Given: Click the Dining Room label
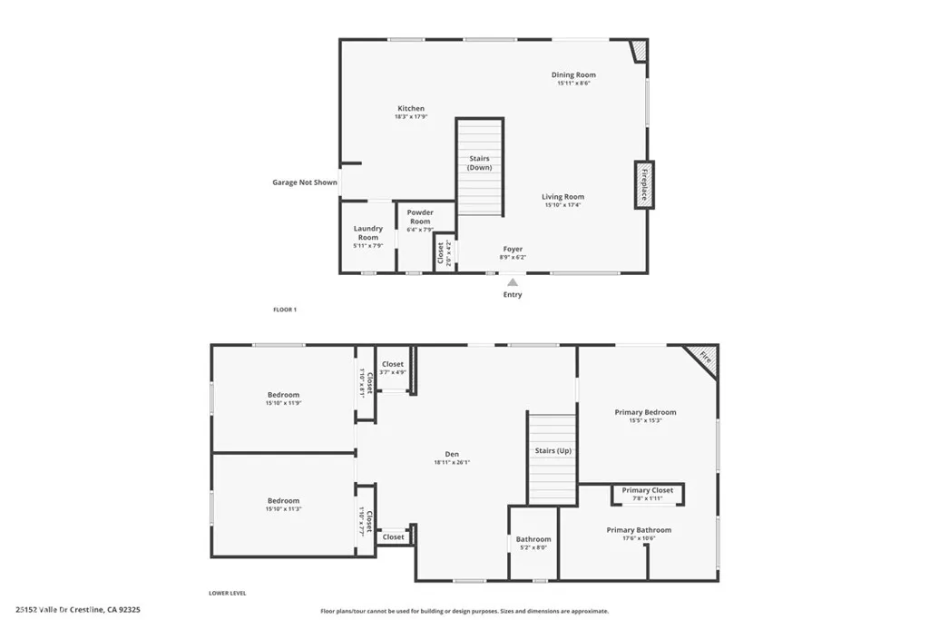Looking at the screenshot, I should pos(573,75).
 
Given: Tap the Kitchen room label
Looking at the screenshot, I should pos(410,109).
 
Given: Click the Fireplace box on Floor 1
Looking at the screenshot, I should pos(644,184).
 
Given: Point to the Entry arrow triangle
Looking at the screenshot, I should pos(513,282).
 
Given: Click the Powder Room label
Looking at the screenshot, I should pos(420,217).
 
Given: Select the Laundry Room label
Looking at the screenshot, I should pos(367,233).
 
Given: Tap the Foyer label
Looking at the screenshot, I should pos(513,249).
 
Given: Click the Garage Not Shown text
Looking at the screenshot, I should pos(305,182).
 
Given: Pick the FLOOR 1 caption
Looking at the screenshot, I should pos(285,310).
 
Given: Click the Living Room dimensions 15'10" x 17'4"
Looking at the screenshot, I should pos(562,205).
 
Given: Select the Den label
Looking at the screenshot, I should pos(452,455).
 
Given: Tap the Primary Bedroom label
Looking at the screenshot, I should pos(645,412).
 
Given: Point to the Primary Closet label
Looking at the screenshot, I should pos(648,490).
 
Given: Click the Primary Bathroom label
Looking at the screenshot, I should pos(639,530).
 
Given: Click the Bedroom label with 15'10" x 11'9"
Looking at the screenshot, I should pos(283,395).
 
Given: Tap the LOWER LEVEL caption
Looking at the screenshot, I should pos(228,594).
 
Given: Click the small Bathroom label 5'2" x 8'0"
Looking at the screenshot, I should pos(533,539).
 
